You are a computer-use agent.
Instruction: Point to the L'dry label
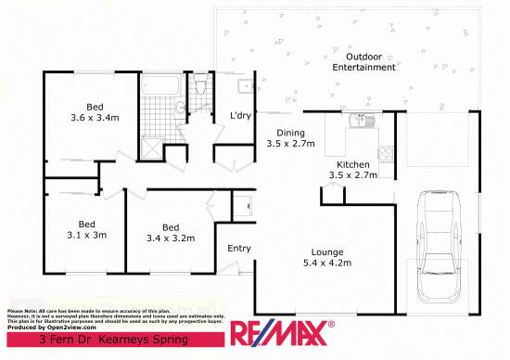[x=242, y=116]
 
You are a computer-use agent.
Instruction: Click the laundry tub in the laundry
[x=245, y=87]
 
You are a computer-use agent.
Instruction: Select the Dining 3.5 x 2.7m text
[x=290, y=138]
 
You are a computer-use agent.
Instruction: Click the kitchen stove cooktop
[x=385, y=153]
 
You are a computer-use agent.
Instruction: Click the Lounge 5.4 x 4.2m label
[x=327, y=257]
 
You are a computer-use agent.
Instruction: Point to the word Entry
[x=238, y=248]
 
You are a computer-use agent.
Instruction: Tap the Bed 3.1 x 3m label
[x=87, y=229]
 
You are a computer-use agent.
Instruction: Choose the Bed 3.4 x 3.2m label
[x=170, y=232]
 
